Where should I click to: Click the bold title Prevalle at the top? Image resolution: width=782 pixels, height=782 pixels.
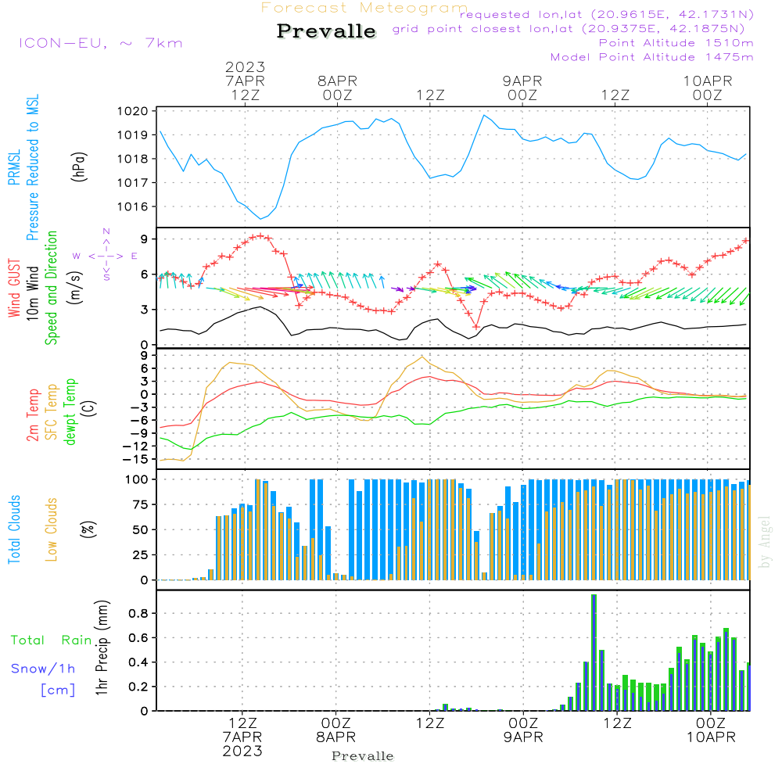point(326,31)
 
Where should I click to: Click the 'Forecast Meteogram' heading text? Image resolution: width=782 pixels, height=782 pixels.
point(364,8)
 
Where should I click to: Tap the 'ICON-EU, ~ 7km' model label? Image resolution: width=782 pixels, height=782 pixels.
point(100,42)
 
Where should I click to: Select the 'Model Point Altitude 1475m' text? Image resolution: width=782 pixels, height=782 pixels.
point(651,56)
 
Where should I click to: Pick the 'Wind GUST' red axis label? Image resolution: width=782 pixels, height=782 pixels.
point(14,289)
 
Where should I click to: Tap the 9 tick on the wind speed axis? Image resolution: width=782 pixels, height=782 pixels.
point(145,239)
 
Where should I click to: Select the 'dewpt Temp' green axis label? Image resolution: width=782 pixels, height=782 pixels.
point(70,412)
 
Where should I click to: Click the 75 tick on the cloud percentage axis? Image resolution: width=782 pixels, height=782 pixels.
point(142,504)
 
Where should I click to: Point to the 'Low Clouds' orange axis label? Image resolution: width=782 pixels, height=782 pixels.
point(52,529)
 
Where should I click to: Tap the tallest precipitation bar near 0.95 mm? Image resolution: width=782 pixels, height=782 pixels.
point(594,652)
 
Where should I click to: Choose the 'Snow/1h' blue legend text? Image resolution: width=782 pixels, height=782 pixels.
point(44,669)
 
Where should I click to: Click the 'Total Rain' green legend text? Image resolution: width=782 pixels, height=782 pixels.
point(51,640)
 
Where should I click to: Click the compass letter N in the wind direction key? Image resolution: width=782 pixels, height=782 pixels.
point(106,231)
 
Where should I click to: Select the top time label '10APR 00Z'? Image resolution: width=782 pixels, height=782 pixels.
point(707,88)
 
